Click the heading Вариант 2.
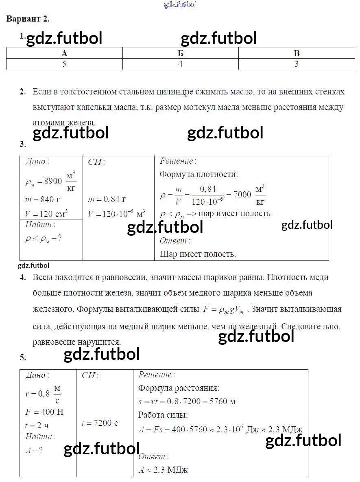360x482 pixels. (x=28, y=19)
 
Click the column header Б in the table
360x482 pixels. (x=180, y=53)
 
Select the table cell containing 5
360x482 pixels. (x=64, y=64)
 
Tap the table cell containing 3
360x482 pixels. (x=296, y=64)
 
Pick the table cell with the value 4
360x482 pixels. (x=180, y=64)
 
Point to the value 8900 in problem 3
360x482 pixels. (x=52, y=181)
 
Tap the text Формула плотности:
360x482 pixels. (x=199, y=174)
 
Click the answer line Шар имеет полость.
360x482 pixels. (x=198, y=254)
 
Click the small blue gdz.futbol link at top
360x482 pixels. (x=180, y=4)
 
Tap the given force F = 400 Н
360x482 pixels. (x=44, y=412)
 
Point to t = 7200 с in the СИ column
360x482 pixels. (x=100, y=423)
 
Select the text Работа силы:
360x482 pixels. (x=163, y=415)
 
